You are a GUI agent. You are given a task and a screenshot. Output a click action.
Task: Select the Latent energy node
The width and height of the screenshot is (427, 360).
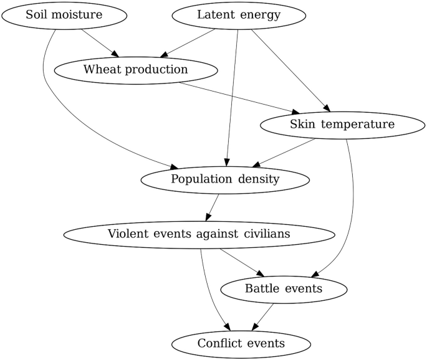239,14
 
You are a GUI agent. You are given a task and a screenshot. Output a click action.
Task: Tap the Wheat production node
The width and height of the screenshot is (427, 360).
135,69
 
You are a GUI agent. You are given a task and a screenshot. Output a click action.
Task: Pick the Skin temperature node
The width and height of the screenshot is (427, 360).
342,125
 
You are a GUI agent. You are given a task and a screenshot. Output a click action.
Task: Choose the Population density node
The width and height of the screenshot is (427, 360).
225,179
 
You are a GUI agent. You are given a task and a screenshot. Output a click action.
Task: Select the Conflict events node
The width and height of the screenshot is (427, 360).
241,343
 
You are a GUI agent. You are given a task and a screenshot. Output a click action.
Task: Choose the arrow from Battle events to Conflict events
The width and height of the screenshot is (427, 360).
262,316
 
